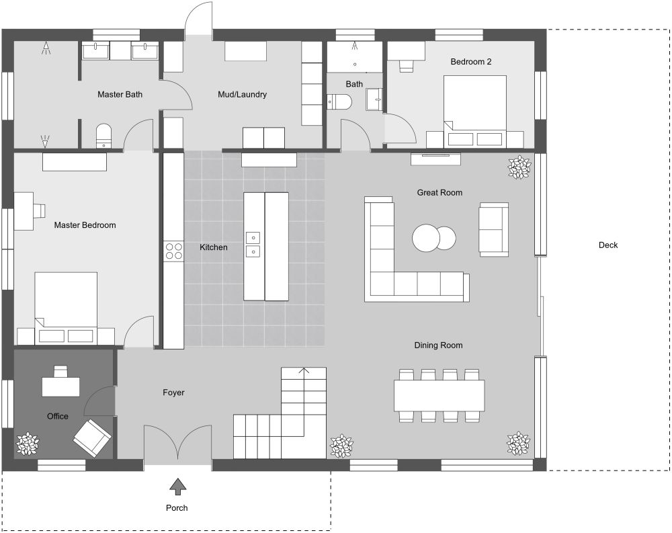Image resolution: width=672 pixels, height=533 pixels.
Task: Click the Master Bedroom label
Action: pos(85,225)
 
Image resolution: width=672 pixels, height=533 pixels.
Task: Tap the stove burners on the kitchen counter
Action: pos(173,251)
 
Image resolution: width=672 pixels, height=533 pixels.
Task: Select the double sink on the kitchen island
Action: pos(253,244)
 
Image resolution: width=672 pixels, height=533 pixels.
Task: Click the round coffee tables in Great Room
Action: pos(433,237)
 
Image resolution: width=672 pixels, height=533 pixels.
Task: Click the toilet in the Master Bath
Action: pos(103,134)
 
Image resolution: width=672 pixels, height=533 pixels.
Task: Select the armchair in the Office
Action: pos(92,436)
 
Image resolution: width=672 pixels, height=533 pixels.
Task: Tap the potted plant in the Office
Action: pos(28,444)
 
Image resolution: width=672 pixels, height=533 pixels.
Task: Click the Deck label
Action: pos(608,245)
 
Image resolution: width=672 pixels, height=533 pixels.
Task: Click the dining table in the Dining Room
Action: pos(439,396)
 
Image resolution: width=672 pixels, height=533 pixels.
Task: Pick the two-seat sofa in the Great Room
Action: pos(493,229)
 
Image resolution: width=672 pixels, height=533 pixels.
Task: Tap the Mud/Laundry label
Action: pos(242,95)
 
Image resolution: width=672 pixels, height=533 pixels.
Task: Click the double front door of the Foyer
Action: pos(177,444)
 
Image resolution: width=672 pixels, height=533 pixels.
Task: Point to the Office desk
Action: pos(61,386)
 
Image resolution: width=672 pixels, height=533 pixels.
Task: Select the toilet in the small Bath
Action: pos(340,102)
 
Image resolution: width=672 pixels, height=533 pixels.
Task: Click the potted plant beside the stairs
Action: pos(341,445)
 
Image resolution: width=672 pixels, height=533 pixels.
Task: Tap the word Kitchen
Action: pos(214,247)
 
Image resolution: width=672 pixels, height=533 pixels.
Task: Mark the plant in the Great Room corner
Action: pos(519,167)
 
